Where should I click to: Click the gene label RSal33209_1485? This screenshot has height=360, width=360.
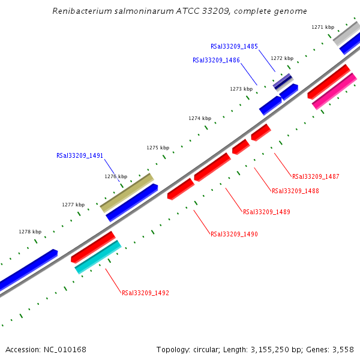234,46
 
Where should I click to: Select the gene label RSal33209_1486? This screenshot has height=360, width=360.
216,60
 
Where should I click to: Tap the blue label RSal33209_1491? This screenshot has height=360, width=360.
80,155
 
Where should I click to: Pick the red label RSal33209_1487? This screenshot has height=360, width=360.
316,176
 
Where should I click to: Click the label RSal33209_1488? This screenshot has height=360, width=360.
295,191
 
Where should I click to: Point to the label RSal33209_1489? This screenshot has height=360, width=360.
266,212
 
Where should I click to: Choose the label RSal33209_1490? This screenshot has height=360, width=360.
234,234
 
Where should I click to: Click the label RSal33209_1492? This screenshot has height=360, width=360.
145,293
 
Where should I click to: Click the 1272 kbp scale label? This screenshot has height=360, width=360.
282,58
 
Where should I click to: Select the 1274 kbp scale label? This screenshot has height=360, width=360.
200,119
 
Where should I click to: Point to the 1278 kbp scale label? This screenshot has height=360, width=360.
30,232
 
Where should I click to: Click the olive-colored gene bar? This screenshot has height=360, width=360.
127,193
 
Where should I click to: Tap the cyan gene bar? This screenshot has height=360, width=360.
98,257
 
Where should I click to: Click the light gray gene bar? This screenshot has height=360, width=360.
346,33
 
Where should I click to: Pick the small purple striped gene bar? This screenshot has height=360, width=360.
283,82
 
